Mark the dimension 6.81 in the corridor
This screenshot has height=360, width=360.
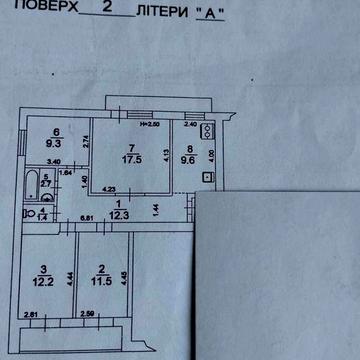87,218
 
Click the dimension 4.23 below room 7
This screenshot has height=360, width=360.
108,187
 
